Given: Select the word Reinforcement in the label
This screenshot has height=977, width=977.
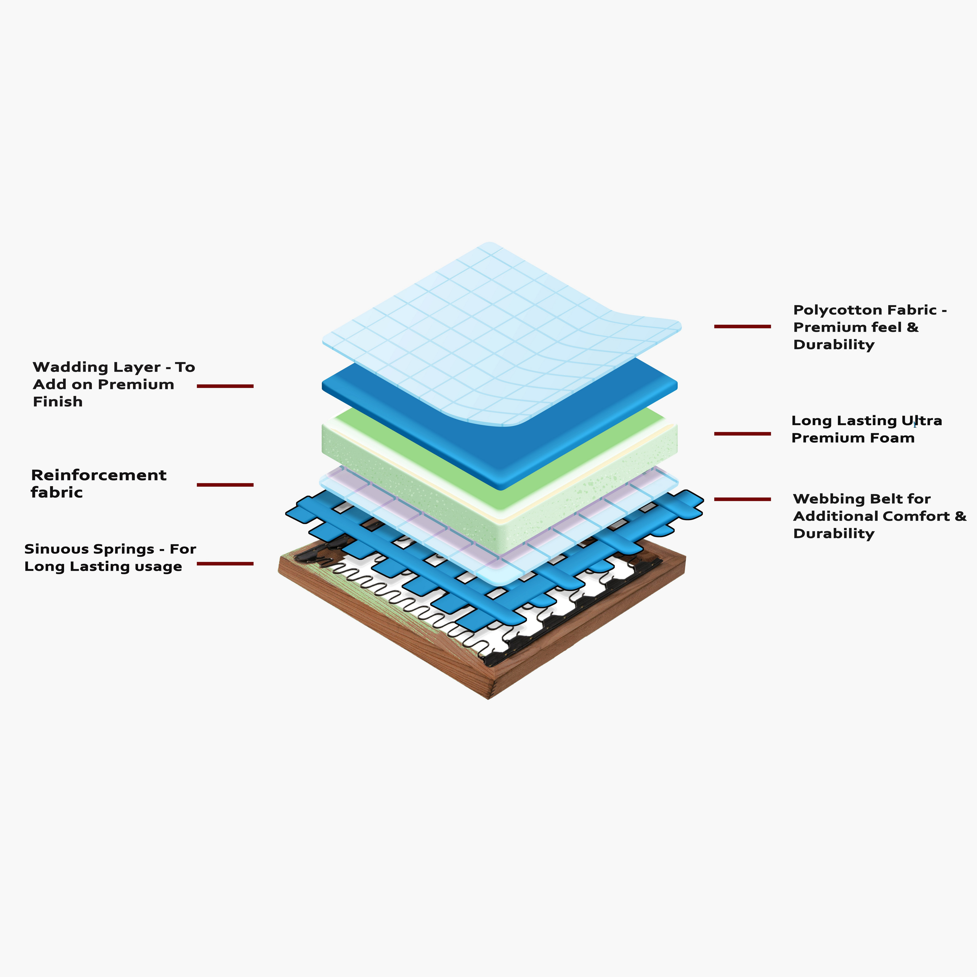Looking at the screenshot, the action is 99,475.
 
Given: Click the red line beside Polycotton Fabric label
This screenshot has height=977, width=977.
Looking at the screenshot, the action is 742,327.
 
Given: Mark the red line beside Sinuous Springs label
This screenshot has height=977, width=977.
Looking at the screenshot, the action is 225,563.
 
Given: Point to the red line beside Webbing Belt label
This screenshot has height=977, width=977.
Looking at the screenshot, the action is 742,499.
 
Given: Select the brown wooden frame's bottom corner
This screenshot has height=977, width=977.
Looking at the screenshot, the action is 488,699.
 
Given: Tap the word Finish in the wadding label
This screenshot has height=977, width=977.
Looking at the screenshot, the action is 58,402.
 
